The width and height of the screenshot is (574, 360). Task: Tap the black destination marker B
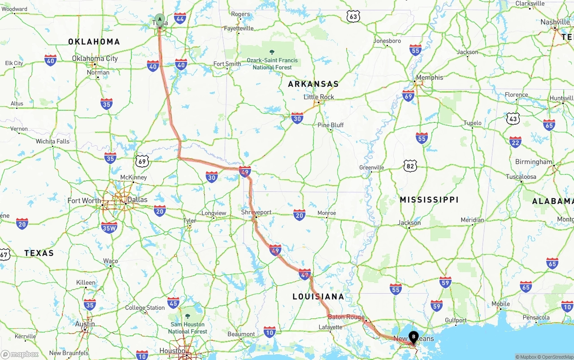(413, 337)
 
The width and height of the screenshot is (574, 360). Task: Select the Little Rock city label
(319, 97)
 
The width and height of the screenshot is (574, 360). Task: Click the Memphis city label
(429, 78)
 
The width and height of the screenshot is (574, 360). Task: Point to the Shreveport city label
(256, 212)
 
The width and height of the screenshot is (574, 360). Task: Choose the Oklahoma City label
(95, 58)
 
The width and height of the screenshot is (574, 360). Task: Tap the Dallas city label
(137, 200)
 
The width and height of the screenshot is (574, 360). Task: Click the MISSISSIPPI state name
(429, 200)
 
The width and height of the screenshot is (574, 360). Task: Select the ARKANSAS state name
(313, 84)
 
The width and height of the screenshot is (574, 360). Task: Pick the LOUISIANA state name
(318, 296)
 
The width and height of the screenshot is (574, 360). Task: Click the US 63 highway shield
(353, 17)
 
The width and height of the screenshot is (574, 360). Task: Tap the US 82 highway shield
(410, 166)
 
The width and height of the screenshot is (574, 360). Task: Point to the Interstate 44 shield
(180, 18)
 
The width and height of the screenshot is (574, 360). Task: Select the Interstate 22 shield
(515, 142)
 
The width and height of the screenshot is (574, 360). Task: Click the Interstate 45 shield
(173, 302)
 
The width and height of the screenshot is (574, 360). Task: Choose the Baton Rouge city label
(346, 317)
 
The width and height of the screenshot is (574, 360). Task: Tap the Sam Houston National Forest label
(187, 328)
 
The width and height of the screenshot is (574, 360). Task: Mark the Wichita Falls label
(53, 141)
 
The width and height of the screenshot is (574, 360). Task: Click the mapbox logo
(20, 354)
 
